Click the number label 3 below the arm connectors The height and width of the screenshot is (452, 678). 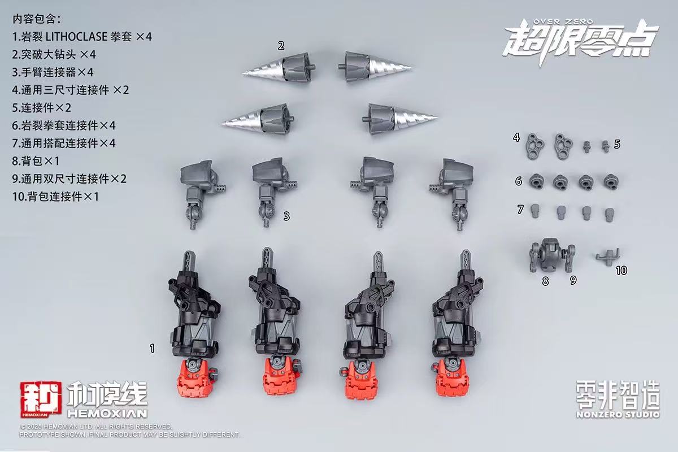pos(286,215)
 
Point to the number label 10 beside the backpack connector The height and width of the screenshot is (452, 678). pos(621,271)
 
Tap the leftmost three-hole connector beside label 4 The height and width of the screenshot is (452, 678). pos(535,144)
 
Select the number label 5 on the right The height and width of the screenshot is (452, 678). pos(617,144)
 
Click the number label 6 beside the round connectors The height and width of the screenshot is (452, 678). pos(518,181)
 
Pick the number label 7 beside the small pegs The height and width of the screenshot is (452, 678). pos(520,210)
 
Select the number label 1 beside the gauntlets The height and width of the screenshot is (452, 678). pos(151,349)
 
